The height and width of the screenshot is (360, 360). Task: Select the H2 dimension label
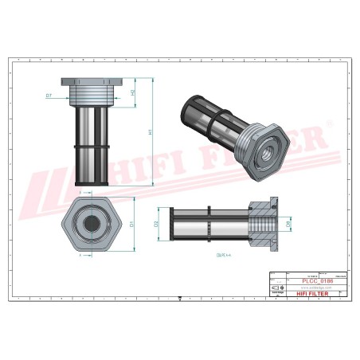(x=132, y=92)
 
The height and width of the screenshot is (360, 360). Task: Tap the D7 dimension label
(x=49, y=96)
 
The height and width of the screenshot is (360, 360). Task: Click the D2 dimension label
(x=157, y=224)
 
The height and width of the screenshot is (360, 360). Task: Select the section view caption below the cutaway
(x=223, y=255)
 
